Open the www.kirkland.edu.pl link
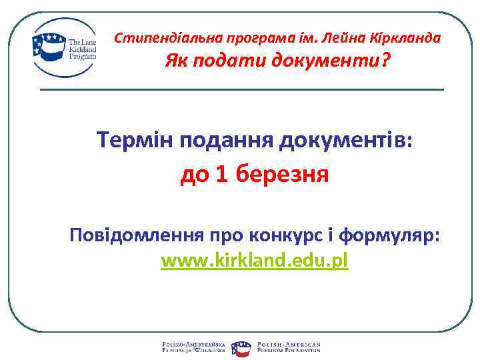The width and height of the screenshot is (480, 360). pyautogui.click(x=255, y=261)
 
